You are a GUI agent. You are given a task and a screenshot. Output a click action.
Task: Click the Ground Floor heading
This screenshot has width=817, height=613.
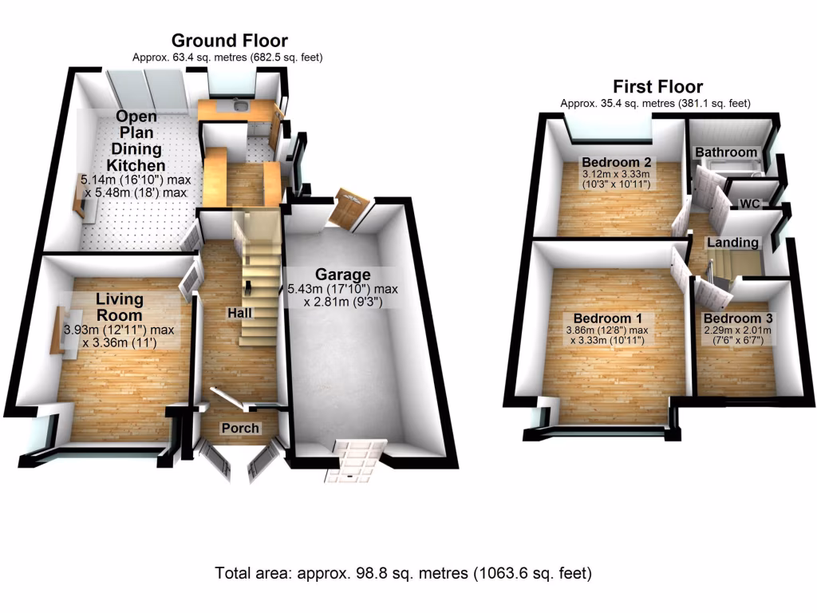[x=230, y=41]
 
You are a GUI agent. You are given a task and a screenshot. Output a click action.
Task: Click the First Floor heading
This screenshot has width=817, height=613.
[x=657, y=86]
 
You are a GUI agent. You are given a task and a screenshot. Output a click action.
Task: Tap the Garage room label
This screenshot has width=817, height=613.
[x=341, y=274]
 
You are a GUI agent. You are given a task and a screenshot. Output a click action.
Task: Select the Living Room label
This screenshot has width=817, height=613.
[x=120, y=306]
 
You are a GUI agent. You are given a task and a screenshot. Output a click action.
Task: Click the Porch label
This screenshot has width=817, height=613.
[x=240, y=428]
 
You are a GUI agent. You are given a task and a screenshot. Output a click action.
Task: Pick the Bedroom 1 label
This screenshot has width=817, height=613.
[x=604, y=314]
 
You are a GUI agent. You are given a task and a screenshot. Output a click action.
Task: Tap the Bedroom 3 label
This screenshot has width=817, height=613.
[x=738, y=318]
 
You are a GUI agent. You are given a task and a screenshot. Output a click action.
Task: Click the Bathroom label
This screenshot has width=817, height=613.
[x=725, y=152]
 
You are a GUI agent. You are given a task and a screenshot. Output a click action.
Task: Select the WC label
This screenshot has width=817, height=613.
[x=749, y=204]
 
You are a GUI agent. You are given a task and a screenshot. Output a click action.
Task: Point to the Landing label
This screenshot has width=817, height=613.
[x=732, y=242]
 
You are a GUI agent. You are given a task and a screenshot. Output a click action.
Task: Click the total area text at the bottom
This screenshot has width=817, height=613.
[x=403, y=572]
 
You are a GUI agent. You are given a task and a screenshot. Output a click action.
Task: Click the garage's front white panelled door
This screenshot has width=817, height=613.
[x=356, y=461]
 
